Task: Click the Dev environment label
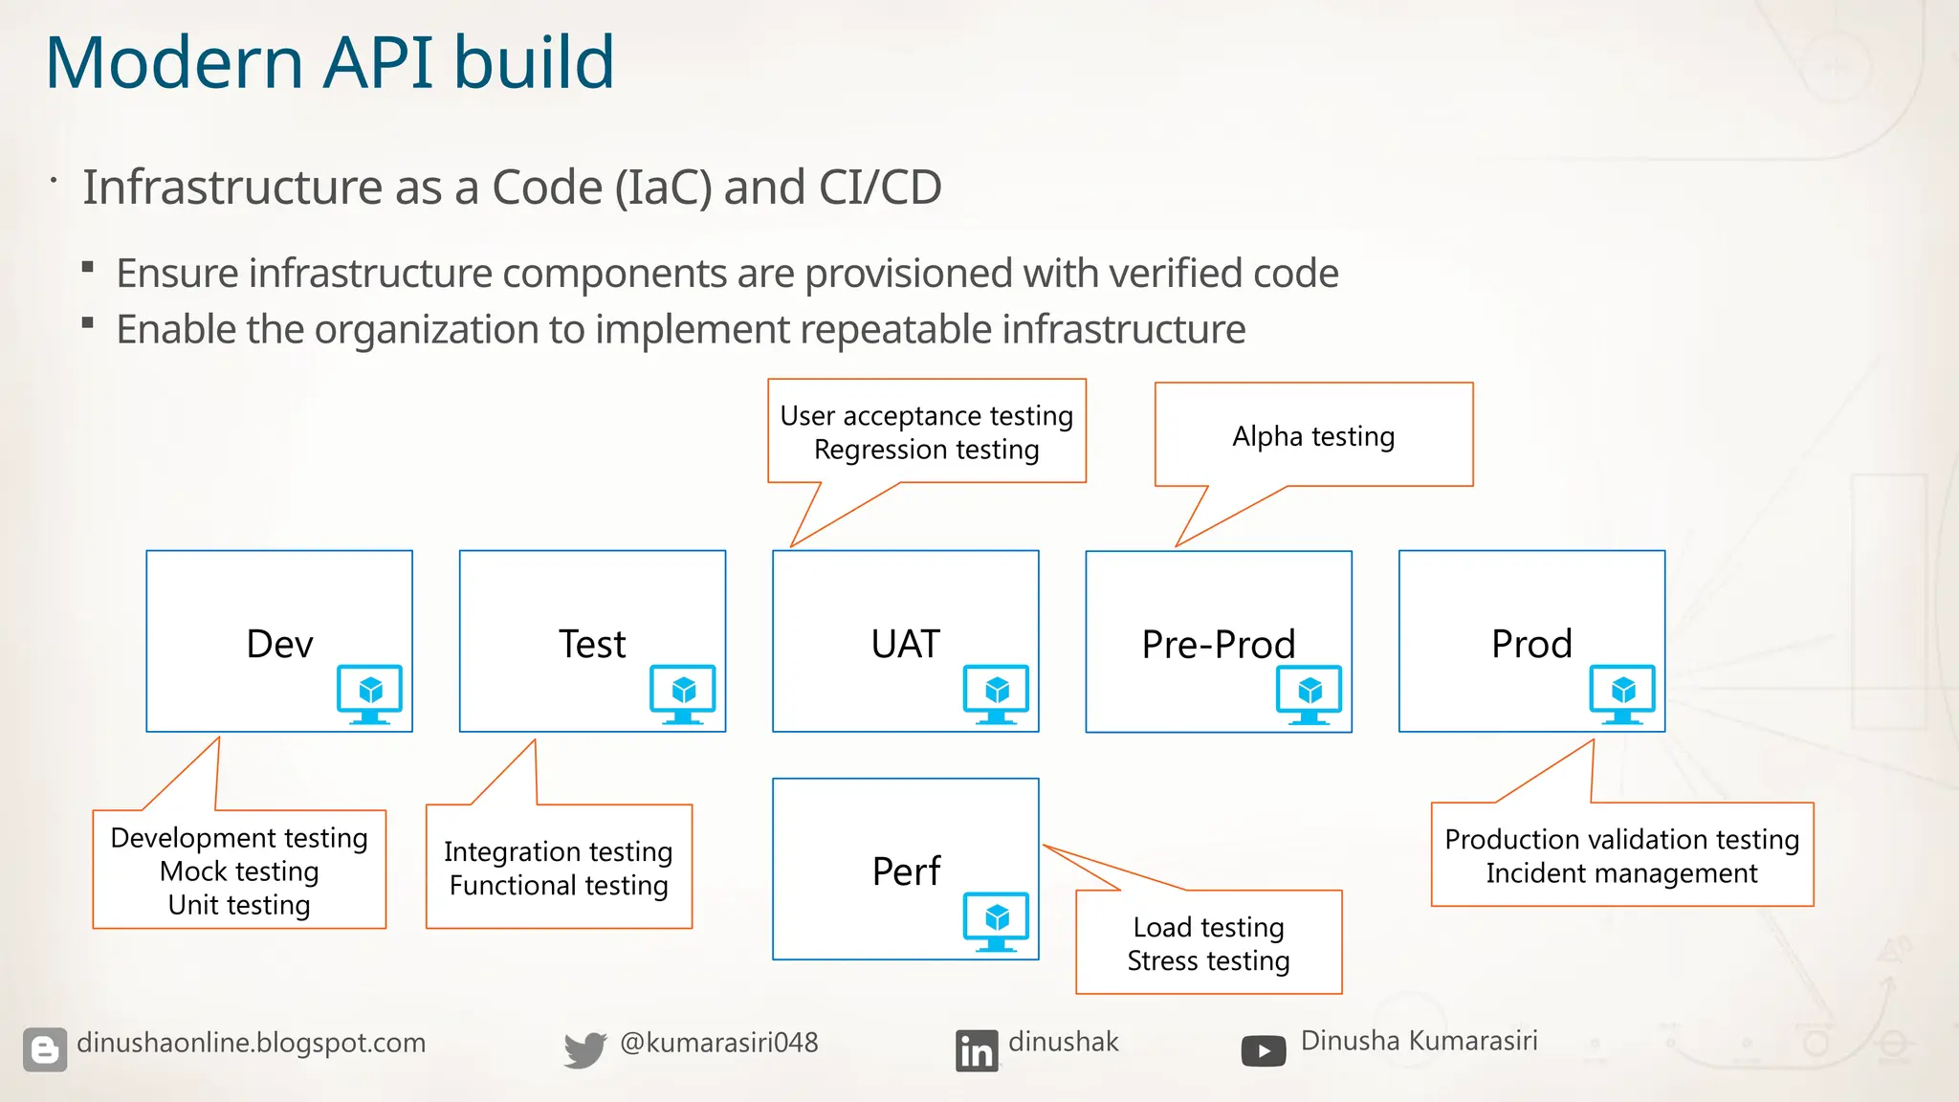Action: tap(279, 644)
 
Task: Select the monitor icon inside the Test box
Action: tap(682, 694)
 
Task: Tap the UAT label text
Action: tap(905, 644)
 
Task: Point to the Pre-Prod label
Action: tap(1218, 645)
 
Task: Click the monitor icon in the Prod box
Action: tap(1622, 694)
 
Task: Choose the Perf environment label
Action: tap(906, 871)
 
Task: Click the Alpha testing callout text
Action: tap(1313, 436)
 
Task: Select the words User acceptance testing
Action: tap(926, 416)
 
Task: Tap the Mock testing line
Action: tap(239, 871)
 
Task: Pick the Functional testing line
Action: tap(559, 886)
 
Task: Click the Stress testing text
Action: tap(1208, 960)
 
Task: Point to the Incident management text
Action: tap(1621, 873)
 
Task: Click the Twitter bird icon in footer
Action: tap(584, 1049)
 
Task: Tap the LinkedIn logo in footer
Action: tap(976, 1050)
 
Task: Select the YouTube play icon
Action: tap(1264, 1050)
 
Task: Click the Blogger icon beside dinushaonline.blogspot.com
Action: tap(45, 1049)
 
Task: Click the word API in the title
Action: tap(378, 63)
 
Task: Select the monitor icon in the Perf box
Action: tap(996, 921)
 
